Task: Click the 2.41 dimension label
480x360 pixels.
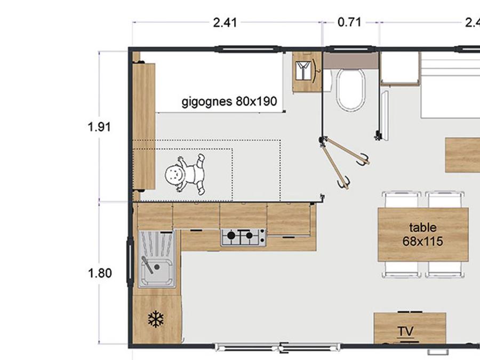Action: [x=225, y=22]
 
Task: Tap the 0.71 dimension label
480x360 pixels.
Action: [x=349, y=22]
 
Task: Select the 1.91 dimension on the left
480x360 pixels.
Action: [x=99, y=126]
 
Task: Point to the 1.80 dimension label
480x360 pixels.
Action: [x=100, y=273]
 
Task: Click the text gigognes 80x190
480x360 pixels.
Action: [x=229, y=101]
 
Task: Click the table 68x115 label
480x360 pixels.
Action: [x=423, y=234]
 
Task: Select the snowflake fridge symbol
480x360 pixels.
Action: [x=156, y=319]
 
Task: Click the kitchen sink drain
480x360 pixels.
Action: [x=157, y=267]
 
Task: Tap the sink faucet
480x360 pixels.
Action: [x=147, y=265]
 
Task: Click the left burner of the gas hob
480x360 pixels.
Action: [x=231, y=235]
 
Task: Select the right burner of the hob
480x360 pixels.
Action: [x=249, y=235]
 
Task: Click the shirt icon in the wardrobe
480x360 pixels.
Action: [x=303, y=71]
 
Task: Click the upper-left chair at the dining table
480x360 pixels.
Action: [x=401, y=199]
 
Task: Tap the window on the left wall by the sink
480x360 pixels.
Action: [x=130, y=261]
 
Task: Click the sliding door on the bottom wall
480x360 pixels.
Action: [x=277, y=347]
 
